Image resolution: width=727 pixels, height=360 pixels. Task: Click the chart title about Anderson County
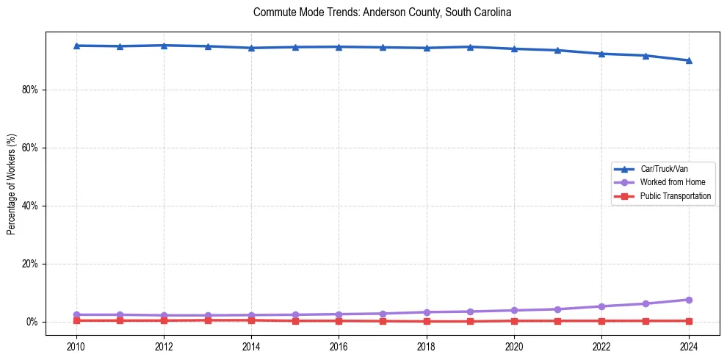click(x=382, y=12)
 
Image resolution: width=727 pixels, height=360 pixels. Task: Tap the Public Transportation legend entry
click(x=675, y=196)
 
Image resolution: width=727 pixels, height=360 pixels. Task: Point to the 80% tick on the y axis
click(x=32, y=90)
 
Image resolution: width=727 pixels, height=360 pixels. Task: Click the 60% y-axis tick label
click(x=32, y=148)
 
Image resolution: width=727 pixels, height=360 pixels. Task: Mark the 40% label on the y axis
click(x=32, y=206)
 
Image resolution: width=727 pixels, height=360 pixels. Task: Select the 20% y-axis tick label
click(x=32, y=264)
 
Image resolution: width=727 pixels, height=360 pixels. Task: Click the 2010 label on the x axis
click(x=76, y=345)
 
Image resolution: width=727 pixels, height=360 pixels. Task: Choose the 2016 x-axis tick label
click(x=339, y=345)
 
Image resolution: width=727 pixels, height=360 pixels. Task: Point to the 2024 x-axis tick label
click(x=689, y=345)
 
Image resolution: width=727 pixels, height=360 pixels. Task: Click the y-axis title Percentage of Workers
click(x=12, y=184)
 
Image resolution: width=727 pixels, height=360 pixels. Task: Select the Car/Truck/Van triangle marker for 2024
click(x=689, y=60)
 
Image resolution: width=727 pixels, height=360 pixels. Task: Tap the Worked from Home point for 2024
click(x=689, y=300)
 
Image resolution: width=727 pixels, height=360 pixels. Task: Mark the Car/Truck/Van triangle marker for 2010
click(x=76, y=46)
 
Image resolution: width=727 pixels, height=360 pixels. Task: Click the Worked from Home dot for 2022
click(x=601, y=306)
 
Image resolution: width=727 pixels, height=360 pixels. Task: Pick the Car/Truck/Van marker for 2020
click(x=514, y=48)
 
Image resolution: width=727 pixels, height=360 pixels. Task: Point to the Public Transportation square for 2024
click(x=689, y=321)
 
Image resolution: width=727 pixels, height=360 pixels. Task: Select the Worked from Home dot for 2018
click(x=427, y=312)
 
